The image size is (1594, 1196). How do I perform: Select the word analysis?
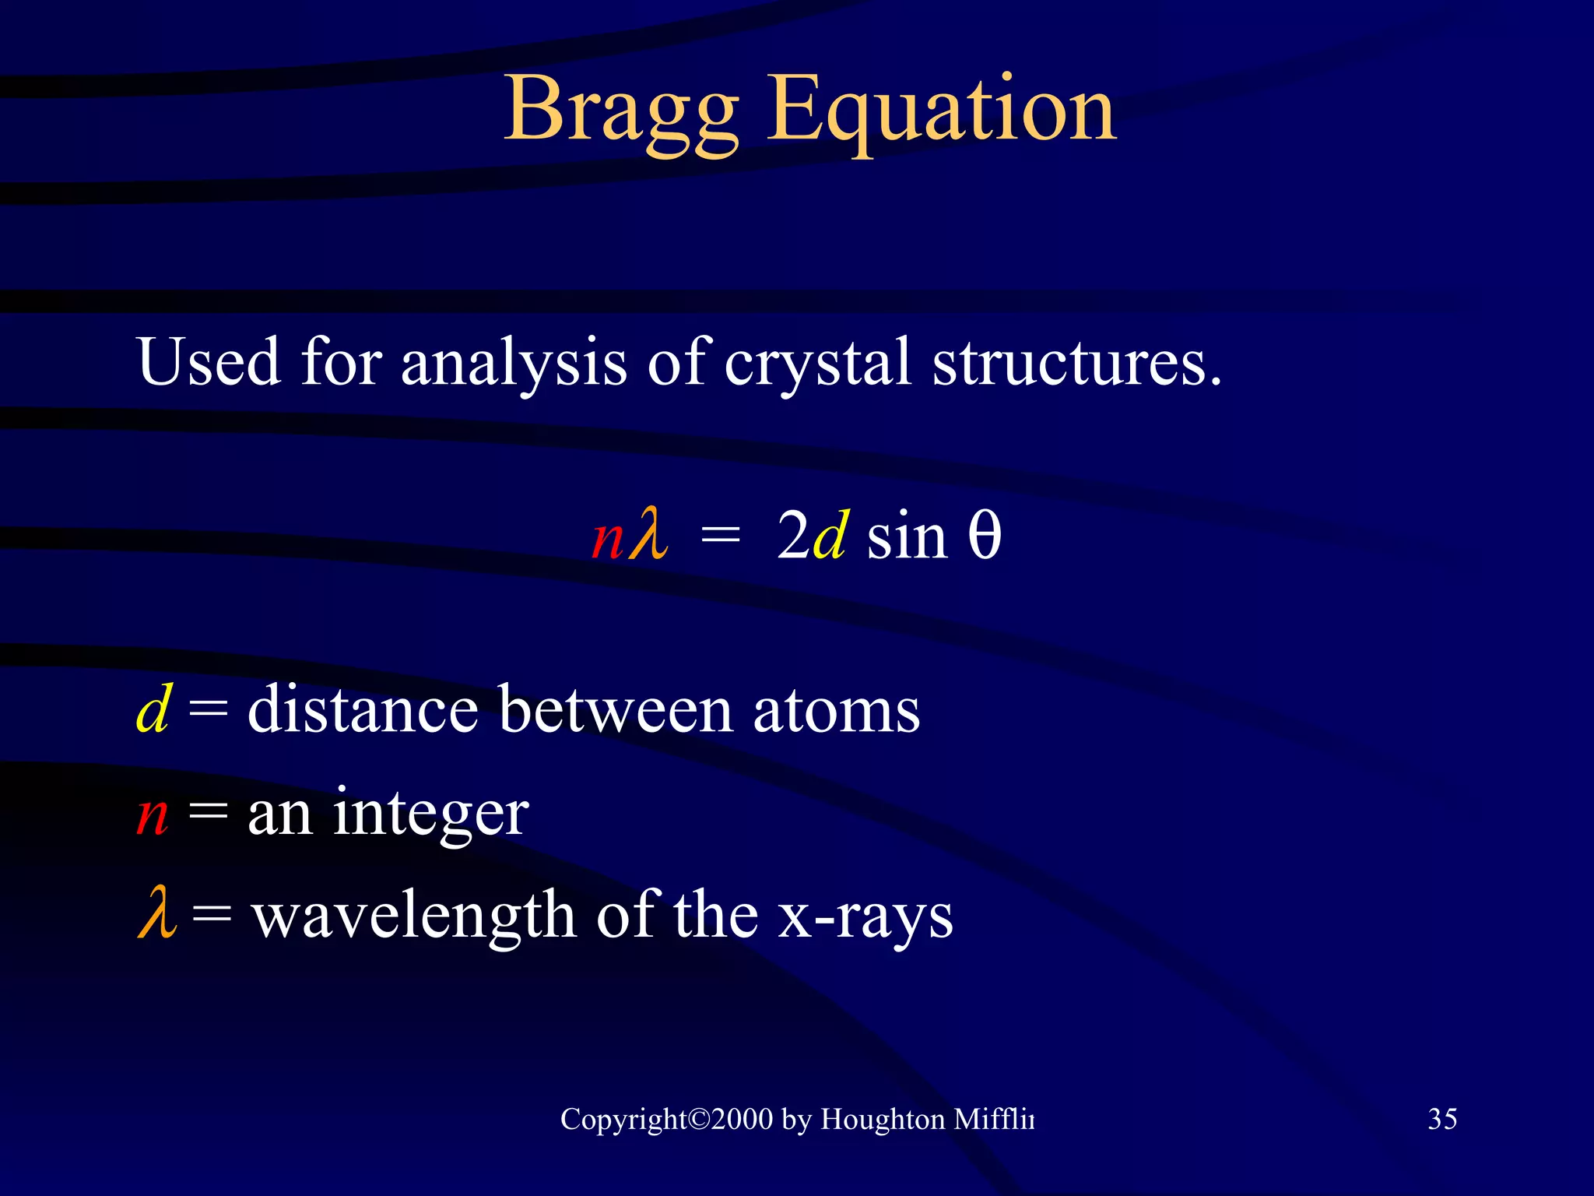[x=514, y=363]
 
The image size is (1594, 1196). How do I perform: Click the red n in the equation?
[x=607, y=539]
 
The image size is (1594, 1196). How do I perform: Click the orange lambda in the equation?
[x=649, y=534]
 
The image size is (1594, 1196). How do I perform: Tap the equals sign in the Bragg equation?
[x=720, y=537]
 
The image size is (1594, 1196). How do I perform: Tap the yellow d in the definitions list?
[x=153, y=709]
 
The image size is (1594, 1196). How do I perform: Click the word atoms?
[x=836, y=710]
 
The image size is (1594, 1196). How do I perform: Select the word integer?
[x=430, y=814]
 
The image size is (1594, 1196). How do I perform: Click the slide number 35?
[x=1442, y=1119]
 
